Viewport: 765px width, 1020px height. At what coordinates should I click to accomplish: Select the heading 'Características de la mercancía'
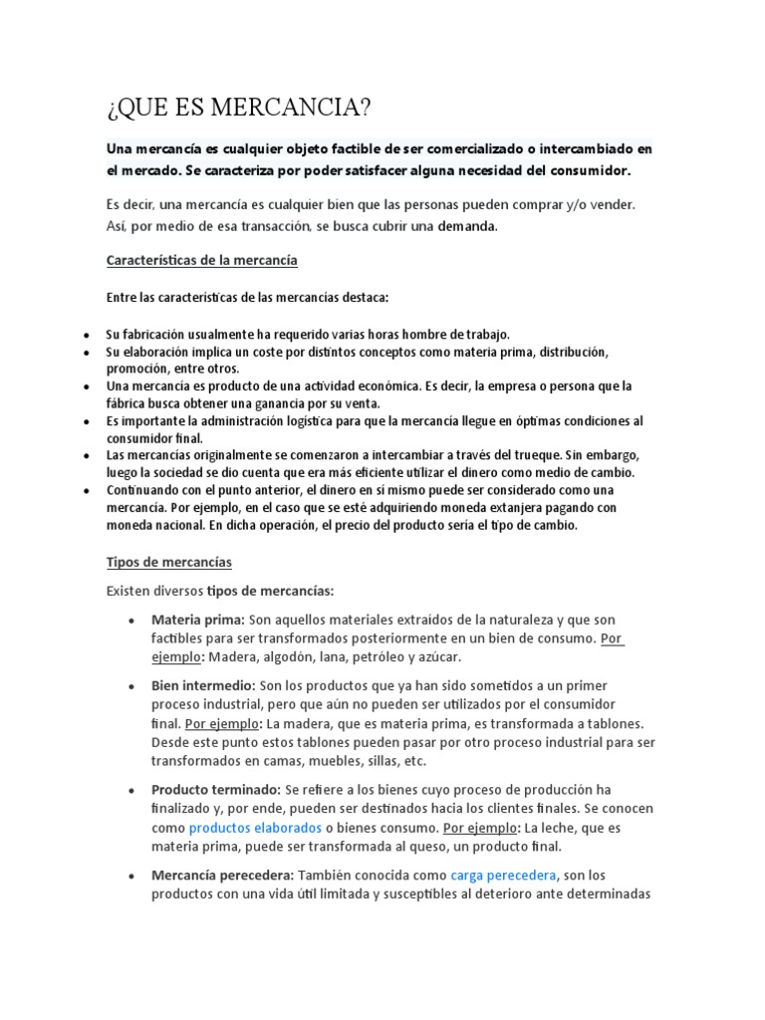202,261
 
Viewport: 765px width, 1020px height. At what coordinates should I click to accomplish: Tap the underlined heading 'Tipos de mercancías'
168,562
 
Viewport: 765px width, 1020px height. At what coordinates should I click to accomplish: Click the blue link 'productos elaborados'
255,828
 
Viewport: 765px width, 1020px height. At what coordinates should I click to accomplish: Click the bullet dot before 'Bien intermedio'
131,687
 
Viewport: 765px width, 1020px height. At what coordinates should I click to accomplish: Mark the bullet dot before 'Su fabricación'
88,336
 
